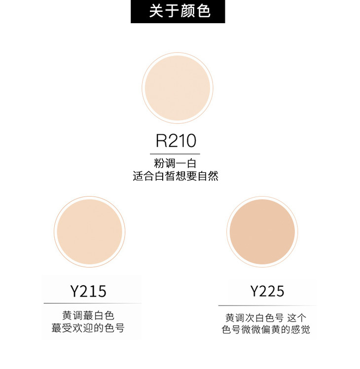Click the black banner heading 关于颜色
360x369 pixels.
point(178,11)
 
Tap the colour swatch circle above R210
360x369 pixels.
point(178,88)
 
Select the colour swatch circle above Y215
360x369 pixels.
point(90,232)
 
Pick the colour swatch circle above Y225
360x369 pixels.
point(262,232)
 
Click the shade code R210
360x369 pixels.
point(176,141)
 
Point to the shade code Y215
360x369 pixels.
point(88,291)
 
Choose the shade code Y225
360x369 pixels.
point(267,291)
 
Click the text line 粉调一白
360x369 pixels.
point(175,163)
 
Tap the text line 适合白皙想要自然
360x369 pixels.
point(176,176)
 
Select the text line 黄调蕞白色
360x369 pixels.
point(88,315)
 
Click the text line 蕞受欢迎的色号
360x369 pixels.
point(88,328)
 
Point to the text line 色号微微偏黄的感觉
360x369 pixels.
point(266,330)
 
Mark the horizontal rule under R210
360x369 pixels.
point(175,154)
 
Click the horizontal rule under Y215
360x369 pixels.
point(93,303)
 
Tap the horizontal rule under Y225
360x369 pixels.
point(267,306)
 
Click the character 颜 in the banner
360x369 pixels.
point(187,11)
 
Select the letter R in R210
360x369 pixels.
point(161,141)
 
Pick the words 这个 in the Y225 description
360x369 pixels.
point(296,318)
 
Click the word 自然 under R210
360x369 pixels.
point(208,176)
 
